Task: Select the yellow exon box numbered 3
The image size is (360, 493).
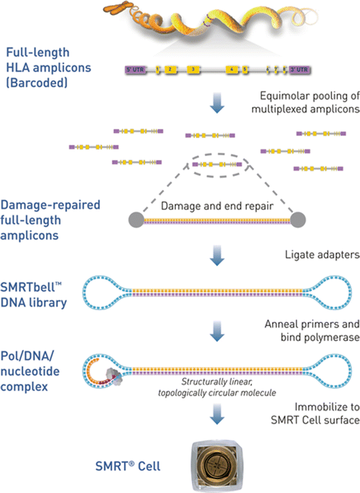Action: (193, 69)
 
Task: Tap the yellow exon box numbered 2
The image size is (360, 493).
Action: (170, 69)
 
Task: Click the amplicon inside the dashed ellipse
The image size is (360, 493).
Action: (217, 163)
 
